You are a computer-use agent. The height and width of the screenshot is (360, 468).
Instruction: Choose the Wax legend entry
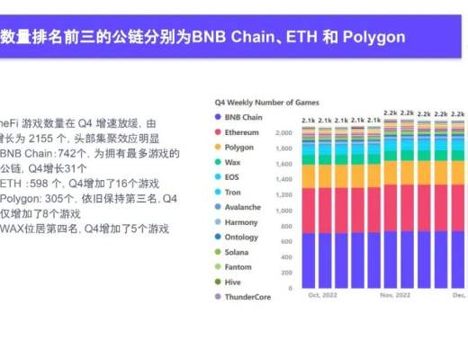[x=233, y=162]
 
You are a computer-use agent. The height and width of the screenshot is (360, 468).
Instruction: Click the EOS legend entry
[x=233, y=177]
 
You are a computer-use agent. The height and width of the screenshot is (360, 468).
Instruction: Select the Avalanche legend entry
[x=241, y=207]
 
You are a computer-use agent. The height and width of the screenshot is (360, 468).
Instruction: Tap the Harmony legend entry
[x=240, y=221]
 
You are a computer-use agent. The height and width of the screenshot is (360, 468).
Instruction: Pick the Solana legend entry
[x=237, y=252]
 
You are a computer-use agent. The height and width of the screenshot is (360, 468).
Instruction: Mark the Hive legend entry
[x=233, y=282]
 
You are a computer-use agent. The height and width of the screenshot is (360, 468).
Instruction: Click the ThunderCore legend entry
[x=246, y=297]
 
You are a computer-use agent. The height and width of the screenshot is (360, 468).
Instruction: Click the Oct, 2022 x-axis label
[x=321, y=295]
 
